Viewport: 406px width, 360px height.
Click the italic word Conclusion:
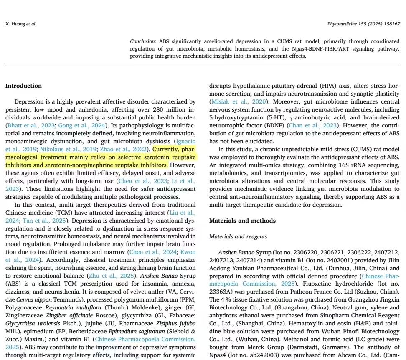pos(143,41)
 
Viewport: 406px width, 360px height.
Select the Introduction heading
pos(23,86)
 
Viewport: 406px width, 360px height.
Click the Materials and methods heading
pos(242,221)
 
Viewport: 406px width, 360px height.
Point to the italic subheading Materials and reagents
pos(238,236)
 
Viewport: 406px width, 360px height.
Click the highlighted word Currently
pos(166,149)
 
